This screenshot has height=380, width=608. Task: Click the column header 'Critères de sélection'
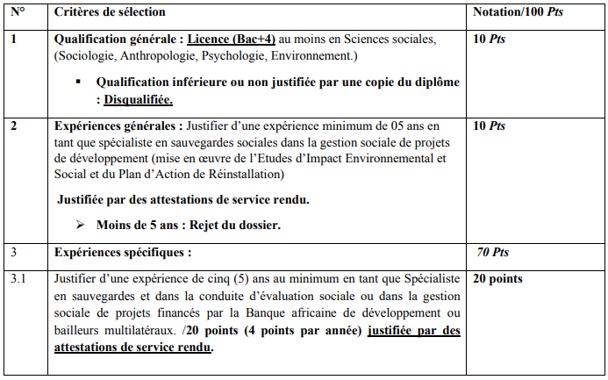pyautogui.click(x=110, y=13)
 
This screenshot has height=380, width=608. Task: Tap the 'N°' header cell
pyautogui.click(x=18, y=13)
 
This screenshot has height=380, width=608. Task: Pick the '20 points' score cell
pyautogui.click(x=498, y=279)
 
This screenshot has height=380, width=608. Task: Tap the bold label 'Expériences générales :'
pyautogui.click(x=117, y=126)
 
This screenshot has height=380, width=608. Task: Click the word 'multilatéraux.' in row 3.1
pyautogui.click(x=136, y=331)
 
